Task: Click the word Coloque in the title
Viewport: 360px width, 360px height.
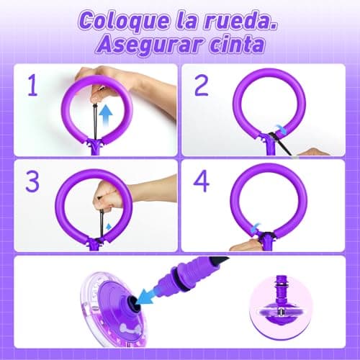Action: (119, 19)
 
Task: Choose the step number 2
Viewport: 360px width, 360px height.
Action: (203, 86)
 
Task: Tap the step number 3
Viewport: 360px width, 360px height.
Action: (31, 181)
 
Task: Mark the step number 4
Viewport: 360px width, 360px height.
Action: (203, 181)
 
